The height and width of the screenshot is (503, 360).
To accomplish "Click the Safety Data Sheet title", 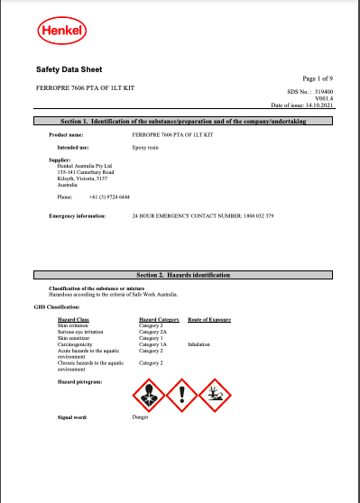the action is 69,69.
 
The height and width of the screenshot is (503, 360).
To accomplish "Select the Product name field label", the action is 65,133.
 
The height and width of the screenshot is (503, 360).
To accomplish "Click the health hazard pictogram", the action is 147,393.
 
